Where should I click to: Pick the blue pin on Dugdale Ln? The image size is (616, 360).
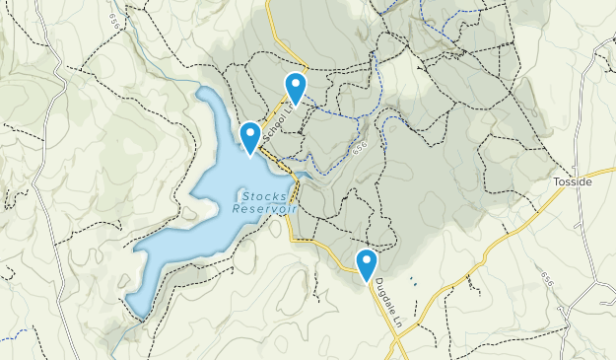[367, 263]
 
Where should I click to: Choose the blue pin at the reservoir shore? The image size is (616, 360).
[250, 136]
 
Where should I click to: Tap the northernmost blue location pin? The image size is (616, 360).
[296, 87]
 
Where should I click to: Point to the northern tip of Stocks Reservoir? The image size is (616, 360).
[204, 91]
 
